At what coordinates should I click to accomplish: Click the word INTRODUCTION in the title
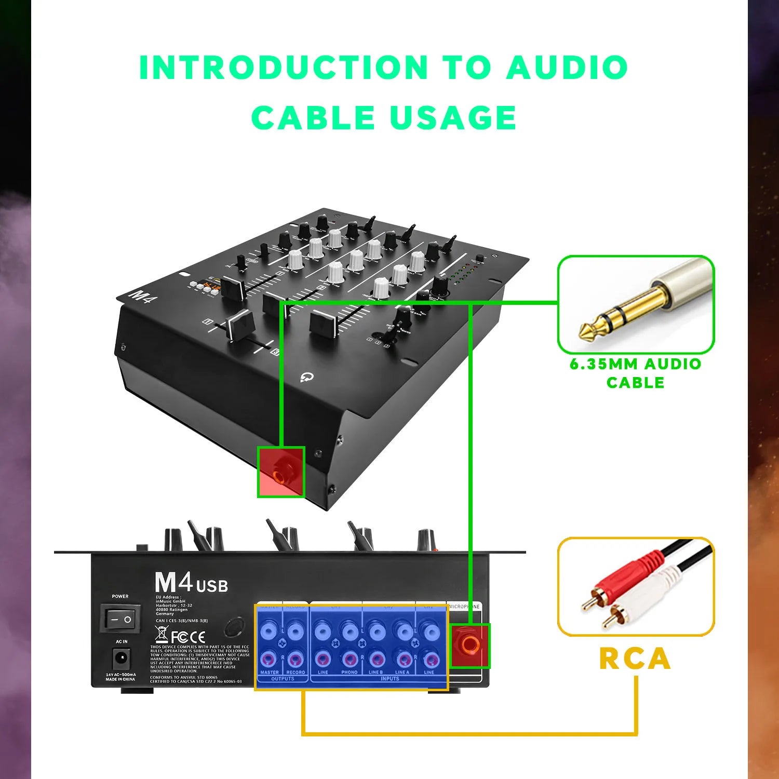coord(284,68)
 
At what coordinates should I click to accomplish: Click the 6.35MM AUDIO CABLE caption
coord(635,373)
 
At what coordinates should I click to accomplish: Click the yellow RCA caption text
coord(635,659)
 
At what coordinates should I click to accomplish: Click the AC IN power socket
coord(121,659)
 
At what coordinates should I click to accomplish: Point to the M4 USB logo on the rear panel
coord(191,583)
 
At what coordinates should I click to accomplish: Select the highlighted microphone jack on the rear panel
coord(471,645)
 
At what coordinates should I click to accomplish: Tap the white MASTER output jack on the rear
coord(269,632)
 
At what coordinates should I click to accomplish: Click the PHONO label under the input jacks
coord(349,673)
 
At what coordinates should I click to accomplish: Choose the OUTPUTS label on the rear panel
coord(283,679)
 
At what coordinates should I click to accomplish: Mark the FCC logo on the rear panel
coord(180,637)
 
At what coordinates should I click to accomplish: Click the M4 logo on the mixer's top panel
coord(140,296)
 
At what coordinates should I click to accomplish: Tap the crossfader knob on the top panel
coord(239,325)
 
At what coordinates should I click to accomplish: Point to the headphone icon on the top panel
coord(306,377)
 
